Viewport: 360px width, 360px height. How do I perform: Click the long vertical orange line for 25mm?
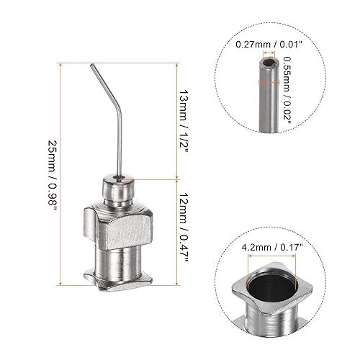(69, 172)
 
